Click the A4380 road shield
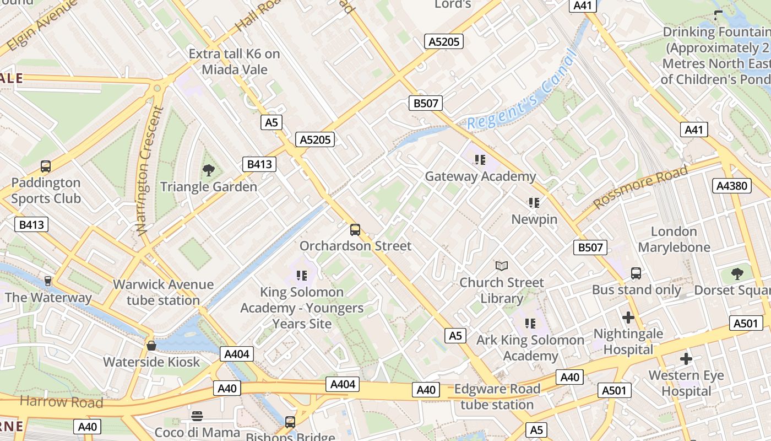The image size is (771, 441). [732, 186]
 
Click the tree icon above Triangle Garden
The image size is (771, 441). [208, 170]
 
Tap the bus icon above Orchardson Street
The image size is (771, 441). [355, 230]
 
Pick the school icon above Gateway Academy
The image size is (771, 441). [480, 160]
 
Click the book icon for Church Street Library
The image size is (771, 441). [501, 266]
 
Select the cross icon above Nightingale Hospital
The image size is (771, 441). [628, 318]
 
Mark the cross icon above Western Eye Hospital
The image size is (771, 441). [686, 359]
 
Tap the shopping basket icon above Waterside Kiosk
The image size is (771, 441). [151, 346]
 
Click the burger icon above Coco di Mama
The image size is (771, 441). [197, 416]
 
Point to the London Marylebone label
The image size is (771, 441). [674, 239]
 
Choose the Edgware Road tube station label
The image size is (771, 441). [497, 397]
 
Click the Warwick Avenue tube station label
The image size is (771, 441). [164, 292]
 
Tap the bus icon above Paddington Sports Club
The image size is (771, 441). [46, 166]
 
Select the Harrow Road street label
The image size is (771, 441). [61, 401]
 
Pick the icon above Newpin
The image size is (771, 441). [533, 203]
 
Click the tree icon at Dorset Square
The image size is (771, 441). [737, 273]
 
